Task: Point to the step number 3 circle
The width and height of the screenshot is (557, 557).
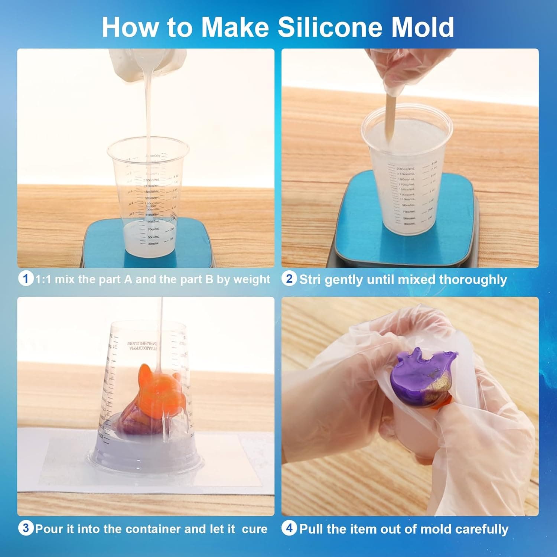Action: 26,528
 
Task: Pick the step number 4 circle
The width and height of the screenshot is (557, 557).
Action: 289,528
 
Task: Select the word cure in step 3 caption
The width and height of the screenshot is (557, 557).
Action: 254,529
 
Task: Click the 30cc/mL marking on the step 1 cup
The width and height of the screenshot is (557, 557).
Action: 153,244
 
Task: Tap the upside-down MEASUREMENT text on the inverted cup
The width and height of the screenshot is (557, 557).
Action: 143,344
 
